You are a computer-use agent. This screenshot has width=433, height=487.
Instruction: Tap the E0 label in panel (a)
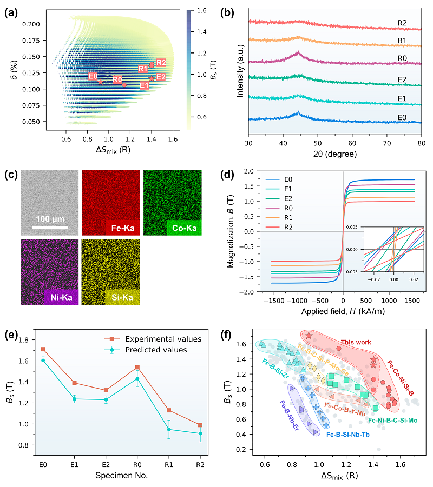pyautogui.click(x=93, y=76)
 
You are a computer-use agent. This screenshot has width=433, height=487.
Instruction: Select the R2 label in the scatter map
pyautogui.click(x=161, y=63)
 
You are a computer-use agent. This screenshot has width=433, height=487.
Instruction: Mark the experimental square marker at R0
pyautogui.click(x=137, y=367)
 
